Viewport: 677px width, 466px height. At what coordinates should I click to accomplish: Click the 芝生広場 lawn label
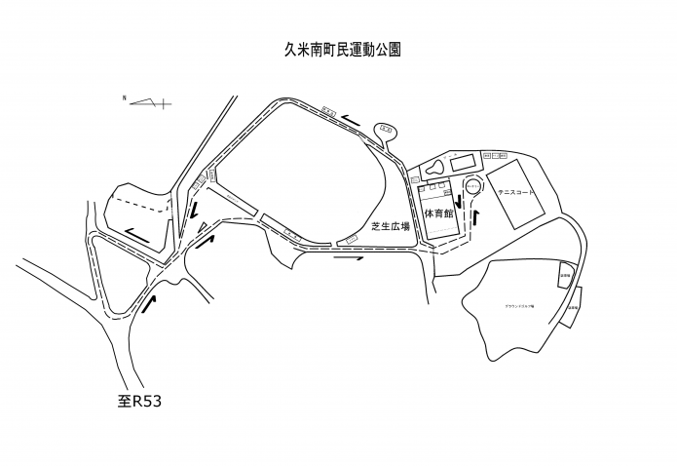pos(390,225)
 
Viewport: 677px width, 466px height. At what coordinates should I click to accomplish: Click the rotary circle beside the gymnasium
pos(472,183)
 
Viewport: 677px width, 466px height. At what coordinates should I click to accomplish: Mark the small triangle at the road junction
pos(201,228)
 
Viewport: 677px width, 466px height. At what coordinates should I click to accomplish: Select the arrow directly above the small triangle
pos(196,209)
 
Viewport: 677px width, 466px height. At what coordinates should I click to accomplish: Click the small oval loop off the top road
pos(388,128)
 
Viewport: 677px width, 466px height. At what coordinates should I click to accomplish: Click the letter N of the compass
pos(124,98)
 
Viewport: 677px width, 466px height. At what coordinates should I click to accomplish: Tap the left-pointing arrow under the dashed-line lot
pos(136,233)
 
